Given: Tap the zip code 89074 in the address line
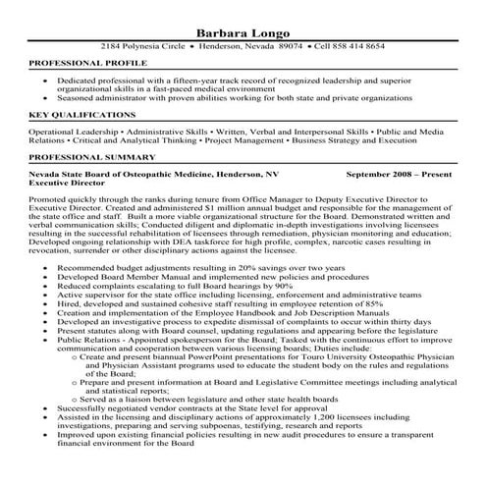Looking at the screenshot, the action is point(289,46).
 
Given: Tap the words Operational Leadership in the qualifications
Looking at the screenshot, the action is point(72,130).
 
